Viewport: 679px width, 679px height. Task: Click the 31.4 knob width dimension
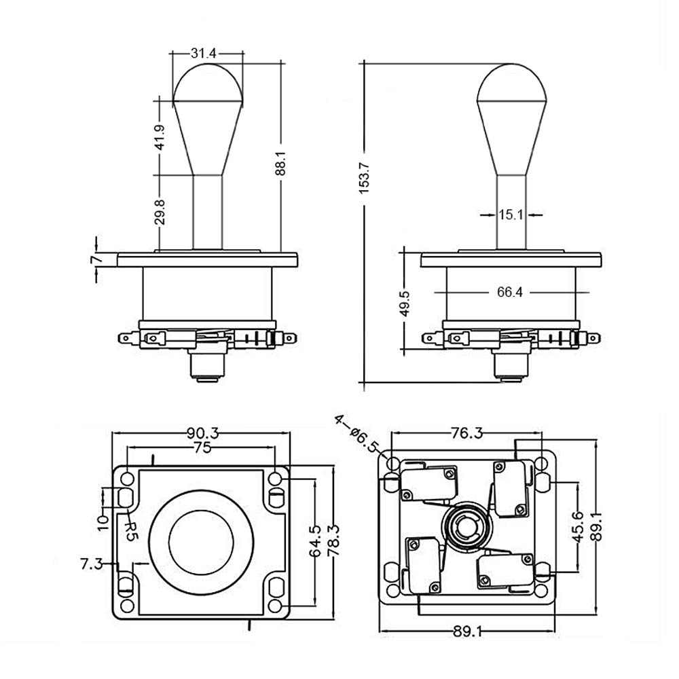pyautogui.click(x=203, y=53)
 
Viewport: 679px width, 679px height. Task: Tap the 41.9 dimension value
pyautogui.click(x=160, y=137)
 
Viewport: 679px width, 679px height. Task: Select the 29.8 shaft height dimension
pyautogui.click(x=160, y=212)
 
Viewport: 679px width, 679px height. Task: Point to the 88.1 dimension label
pyautogui.click(x=281, y=162)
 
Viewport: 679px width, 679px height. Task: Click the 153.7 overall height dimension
pyautogui.click(x=364, y=177)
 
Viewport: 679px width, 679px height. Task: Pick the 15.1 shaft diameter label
pyautogui.click(x=511, y=215)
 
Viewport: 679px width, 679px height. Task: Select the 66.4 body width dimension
pyautogui.click(x=510, y=292)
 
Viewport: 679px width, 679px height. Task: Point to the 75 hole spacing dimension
pyautogui.click(x=202, y=447)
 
